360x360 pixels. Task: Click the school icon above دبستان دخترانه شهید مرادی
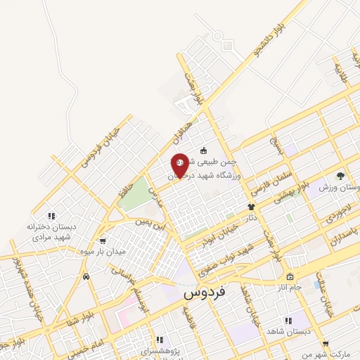click(51, 215)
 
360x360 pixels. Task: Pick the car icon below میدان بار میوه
click(86, 276)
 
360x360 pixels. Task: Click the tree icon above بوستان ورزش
click(340, 175)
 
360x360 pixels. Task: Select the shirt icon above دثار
click(251, 207)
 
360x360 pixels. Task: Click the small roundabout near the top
click(227, 44)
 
